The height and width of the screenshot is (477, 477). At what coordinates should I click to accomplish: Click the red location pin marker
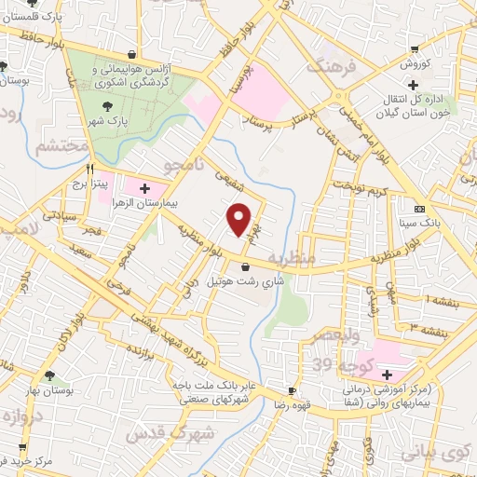point(240,219)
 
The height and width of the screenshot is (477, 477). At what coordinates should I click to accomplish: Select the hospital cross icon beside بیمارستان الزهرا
point(143,189)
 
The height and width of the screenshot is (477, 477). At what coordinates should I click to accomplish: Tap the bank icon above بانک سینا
point(420,209)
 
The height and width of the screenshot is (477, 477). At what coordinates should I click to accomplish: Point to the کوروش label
point(415,63)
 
